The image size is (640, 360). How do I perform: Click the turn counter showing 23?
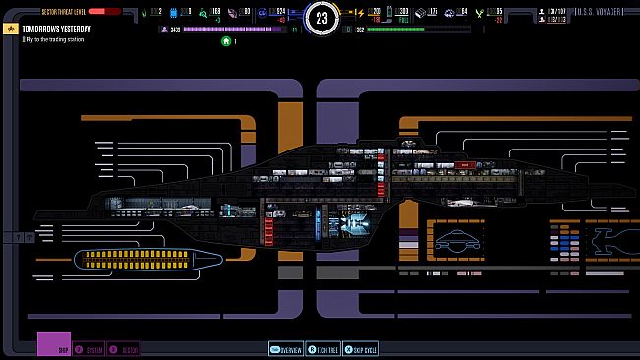[320, 17]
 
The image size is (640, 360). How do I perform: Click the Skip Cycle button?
[364, 349]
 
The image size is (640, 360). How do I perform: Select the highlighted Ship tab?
[55, 347]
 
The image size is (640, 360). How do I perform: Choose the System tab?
[91, 349]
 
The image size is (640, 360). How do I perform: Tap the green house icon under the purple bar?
[227, 42]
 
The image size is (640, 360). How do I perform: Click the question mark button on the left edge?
[20, 237]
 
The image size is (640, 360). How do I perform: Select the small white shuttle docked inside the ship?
[463, 202]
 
